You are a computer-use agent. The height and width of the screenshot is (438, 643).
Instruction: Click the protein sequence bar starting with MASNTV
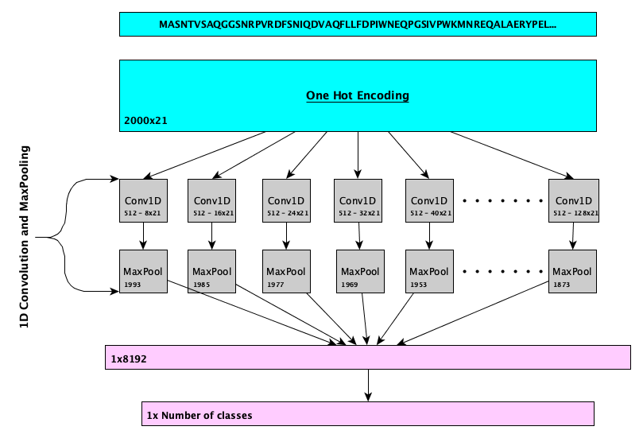(x=358, y=25)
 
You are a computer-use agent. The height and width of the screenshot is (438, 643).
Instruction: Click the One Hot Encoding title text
(x=358, y=96)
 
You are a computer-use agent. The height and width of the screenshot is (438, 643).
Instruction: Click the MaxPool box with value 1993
(x=144, y=271)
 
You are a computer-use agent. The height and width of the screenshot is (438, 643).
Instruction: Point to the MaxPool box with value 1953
(x=430, y=271)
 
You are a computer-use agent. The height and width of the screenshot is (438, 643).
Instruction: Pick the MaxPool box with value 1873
(x=573, y=271)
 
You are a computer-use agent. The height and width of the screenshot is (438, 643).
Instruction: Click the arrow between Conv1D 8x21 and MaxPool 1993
(x=144, y=236)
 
